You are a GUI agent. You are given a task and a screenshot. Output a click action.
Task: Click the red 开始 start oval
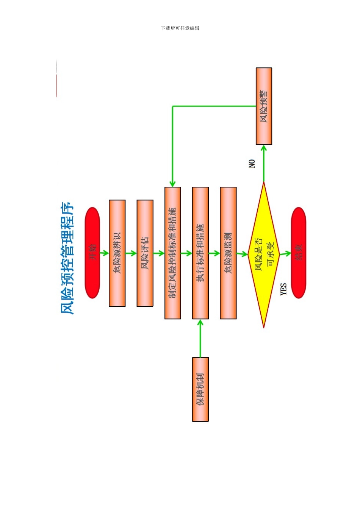tap(92, 253)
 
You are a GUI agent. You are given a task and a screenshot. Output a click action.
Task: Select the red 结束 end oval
tap(298, 253)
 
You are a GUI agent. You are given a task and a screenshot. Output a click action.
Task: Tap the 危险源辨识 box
tap(117, 253)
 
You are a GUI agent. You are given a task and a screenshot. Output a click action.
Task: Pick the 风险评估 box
tap(145, 253)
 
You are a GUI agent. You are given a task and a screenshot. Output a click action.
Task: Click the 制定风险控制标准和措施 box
tap(172, 253)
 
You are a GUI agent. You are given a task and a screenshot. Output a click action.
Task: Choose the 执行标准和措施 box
tap(200, 253)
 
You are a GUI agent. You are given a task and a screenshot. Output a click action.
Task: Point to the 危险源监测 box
tap(228, 253)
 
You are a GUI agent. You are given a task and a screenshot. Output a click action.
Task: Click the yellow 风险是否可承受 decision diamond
tap(264, 254)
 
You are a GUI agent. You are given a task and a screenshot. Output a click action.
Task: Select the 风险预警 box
tap(264, 106)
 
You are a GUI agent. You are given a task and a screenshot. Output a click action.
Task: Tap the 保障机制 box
tap(200, 389)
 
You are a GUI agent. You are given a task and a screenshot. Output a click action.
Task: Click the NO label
tap(252, 164)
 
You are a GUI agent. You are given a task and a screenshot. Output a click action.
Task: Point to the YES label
tap(283, 289)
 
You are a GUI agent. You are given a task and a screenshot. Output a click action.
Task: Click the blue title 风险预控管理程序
tap(67, 258)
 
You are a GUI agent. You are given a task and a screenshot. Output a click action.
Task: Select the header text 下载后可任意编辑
tap(180, 28)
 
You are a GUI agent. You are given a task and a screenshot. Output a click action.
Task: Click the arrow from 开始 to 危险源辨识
tap(104, 253)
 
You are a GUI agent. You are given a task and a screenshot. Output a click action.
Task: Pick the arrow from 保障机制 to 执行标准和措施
tap(200, 338)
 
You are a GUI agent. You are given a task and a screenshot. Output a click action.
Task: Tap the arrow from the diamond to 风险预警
tap(264, 163)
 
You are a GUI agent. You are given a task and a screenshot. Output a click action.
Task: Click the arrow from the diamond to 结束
tap(285, 253)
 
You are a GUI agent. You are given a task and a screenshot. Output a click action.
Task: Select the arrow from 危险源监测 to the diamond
tap(242, 254)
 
